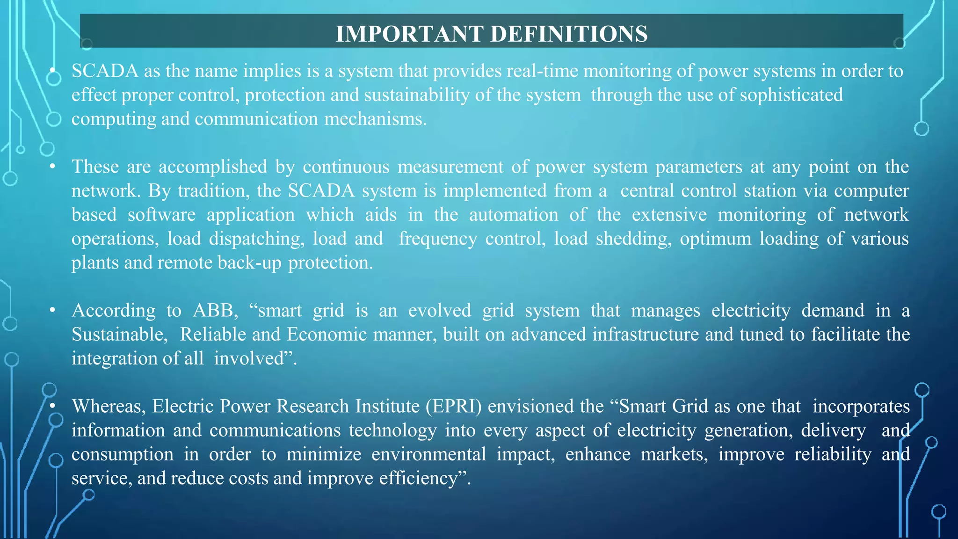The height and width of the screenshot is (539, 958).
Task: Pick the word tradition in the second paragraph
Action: pyautogui.click(x=214, y=191)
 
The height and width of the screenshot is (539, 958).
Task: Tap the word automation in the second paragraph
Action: pyautogui.click(x=513, y=215)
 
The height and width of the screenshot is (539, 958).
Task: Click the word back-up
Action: pyautogui.click(x=249, y=263)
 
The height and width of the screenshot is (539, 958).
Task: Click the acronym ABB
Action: pyautogui.click(x=215, y=311)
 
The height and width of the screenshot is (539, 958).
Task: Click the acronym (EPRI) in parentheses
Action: pyautogui.click(x=453, y=406)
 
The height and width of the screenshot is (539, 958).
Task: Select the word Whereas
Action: pyautogui.click(x=109, y=406)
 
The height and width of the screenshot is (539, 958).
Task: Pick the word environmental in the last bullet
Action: pyautogui.click(x=428, y=454)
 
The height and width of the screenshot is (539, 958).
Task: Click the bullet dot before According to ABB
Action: pyautogui.click(x=53, y=310)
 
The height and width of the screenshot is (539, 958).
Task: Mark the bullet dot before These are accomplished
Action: pyautogui.click(x=53, y=167)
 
